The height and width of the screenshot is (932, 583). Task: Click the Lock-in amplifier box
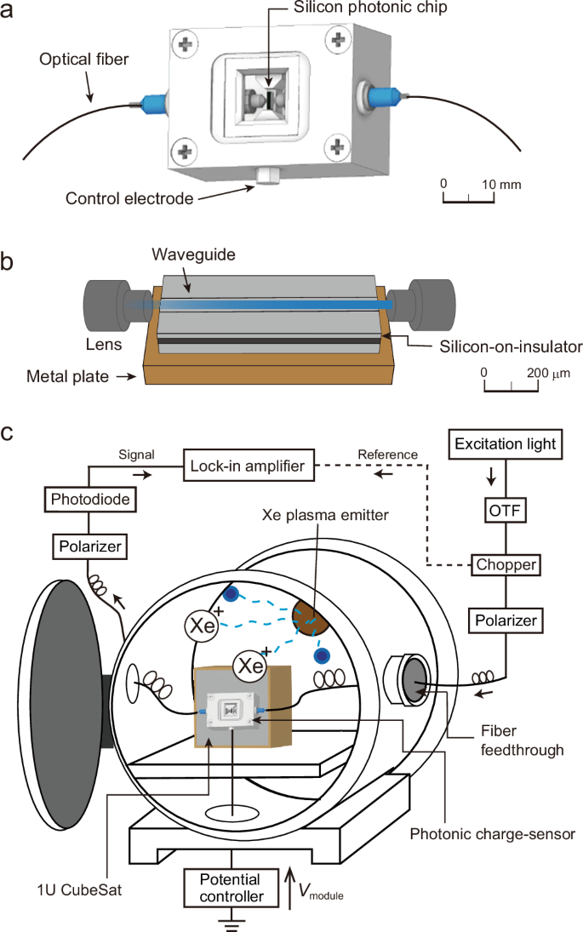(x=249, y=465)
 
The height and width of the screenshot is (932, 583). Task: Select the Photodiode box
(x=88, y=499)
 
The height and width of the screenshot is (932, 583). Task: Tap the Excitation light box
(x=506, y=443)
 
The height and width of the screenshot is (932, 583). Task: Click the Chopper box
(x=505, y=564)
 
